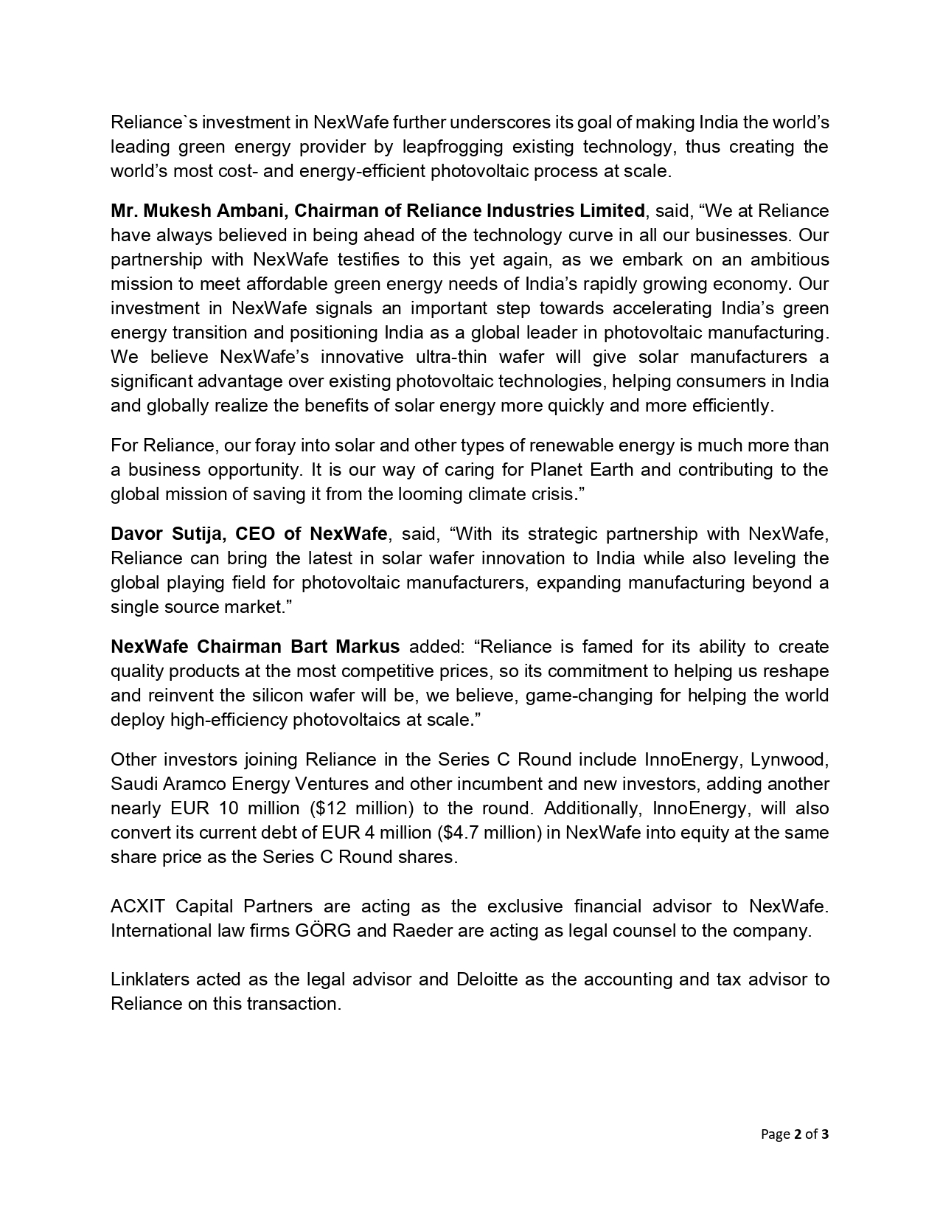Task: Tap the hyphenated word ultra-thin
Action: click(453, 357)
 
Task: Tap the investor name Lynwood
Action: click(790, 760)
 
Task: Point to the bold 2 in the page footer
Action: click(797, 1134)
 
